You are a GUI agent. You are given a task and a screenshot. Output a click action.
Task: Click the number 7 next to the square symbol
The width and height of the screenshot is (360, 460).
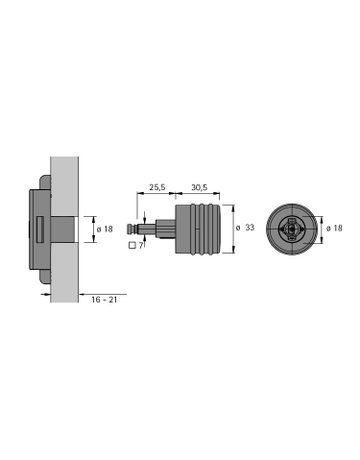pyautogui.click(x=143, y=244)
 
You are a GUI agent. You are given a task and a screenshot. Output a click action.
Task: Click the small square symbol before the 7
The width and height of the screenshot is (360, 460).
pyautogui.click(x=135, y=244)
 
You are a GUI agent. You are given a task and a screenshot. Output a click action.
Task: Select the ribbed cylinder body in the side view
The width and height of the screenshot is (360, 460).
pyautogui.click(x=204, y=229)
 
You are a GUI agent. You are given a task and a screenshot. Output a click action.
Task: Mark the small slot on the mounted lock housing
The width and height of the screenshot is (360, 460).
pyautogui.click(x=38, y=229)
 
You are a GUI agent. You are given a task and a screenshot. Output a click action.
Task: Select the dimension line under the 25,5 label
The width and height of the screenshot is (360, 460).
pyautogui.click(x=157, y=195)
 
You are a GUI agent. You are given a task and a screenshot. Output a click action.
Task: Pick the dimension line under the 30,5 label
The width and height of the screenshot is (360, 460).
pyautogui.click(x=202, y=195)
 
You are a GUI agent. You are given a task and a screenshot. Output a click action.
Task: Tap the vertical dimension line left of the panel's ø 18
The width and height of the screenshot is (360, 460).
pyautogui.click(x=91, y=229)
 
